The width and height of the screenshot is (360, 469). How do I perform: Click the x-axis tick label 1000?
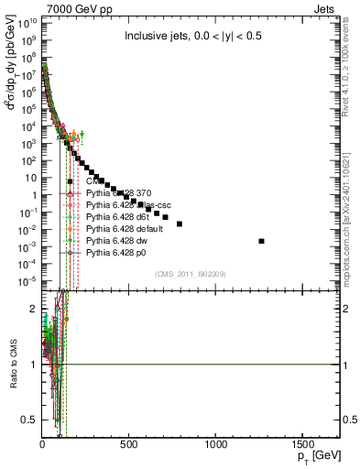pos(216,443)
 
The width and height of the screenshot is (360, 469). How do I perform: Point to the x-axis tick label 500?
pos(129,443)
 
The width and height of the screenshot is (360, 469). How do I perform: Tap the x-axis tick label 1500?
pos(303,443)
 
